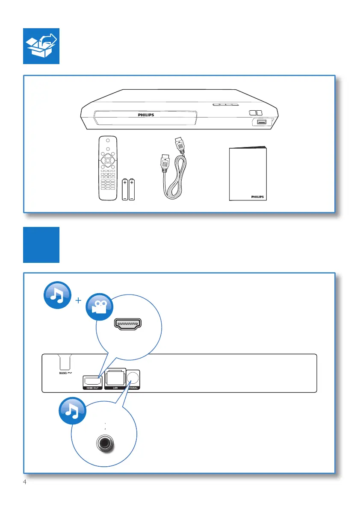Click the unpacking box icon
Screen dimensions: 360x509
41,46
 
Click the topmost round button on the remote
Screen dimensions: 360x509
108,140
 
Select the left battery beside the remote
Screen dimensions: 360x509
125,190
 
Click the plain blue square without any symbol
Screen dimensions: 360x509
41,244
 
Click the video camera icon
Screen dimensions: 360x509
100,306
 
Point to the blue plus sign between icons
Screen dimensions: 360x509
78,301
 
